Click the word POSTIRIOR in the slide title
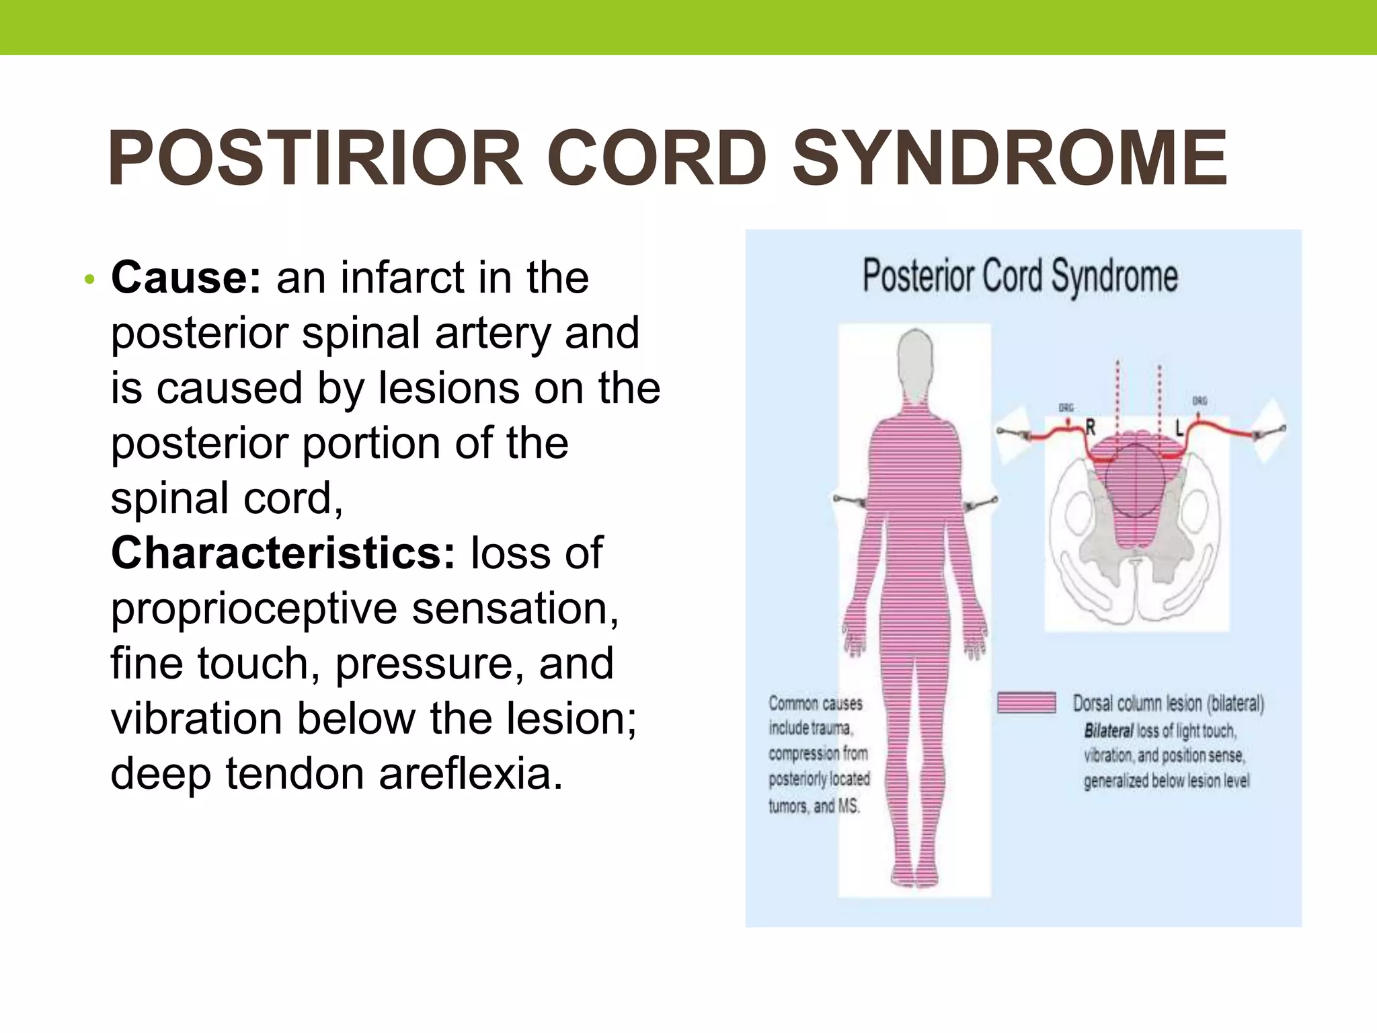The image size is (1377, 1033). tap(315, 159)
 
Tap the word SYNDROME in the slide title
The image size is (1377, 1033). tap(1010, 159)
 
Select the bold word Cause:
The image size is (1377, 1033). tap(186, 277)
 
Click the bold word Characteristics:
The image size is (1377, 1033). tap(283, 553)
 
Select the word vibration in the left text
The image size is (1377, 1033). tap(196, 718)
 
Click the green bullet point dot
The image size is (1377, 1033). tap(89, 278)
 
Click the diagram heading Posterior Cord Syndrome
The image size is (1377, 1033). tap(1020, 276)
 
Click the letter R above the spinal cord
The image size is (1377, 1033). tap(1091, 427)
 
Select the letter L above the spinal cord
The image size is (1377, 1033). tap(1179, 427)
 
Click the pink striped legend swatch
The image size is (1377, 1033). tap(1026, 703)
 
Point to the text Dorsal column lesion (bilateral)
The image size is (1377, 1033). tap(1169, 703)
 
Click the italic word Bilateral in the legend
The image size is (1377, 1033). tap(1109, 730)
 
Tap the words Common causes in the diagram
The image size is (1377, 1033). tap(815, 703)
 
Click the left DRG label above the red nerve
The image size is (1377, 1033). tap(1066, 408)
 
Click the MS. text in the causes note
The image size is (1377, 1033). tap(849, 806)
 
